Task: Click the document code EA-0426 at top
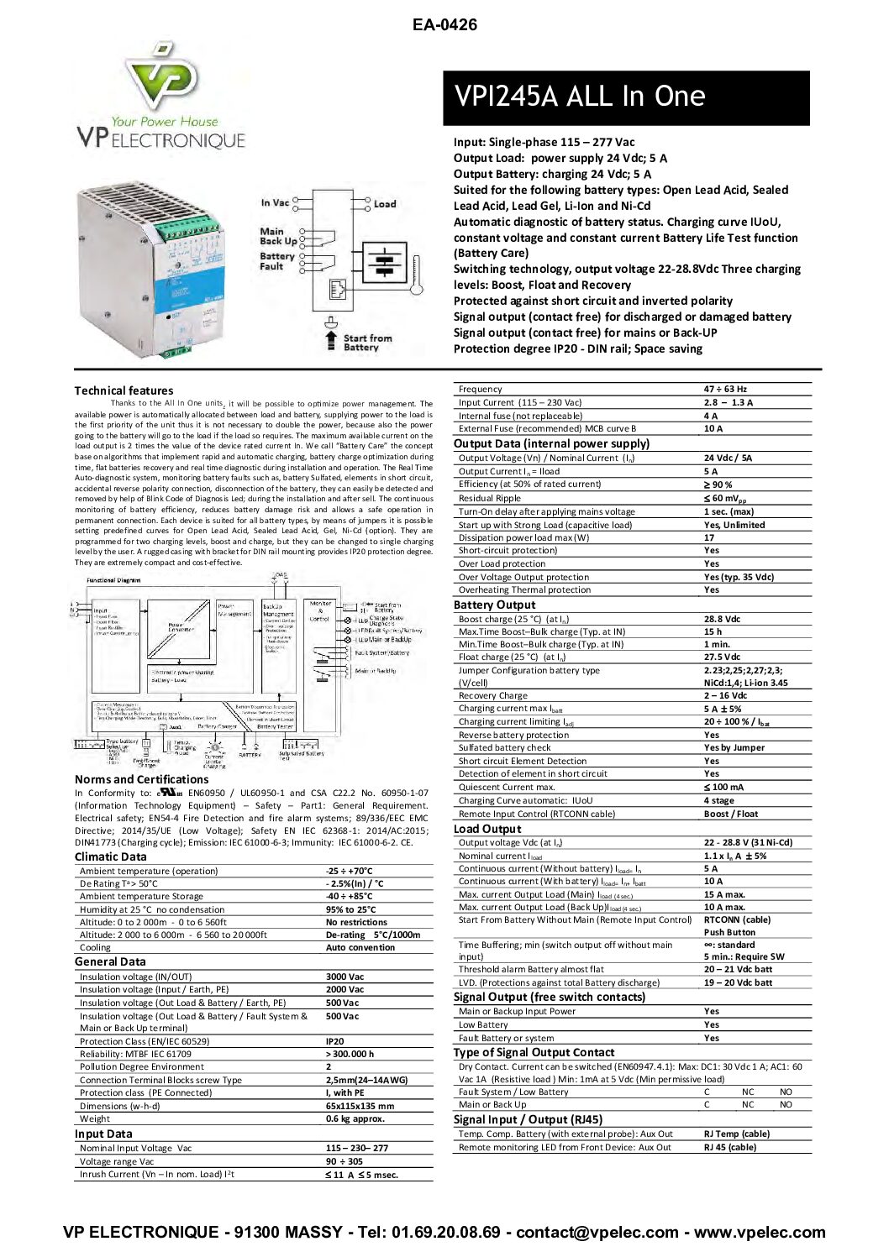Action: tap(444, 25)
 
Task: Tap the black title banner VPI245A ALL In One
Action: tap(626, 97)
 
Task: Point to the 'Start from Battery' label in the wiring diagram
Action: tap(367, 343)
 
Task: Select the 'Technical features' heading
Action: tap(124, 390)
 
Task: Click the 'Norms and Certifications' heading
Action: tap(141, 779)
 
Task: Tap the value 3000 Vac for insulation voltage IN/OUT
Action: tap(345, 977)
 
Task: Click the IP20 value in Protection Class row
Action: tap(334, 1041)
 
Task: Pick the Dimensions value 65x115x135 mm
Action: tap(360, 1106)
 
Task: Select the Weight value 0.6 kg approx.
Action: tap(355, 1118)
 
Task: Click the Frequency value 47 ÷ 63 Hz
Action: tap(725, 390)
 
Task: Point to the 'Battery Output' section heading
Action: tap(494, 605)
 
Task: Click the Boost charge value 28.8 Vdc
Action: tap(722, 619)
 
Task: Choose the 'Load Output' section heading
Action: tap(487, 829)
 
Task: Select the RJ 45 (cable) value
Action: tap(729, 1147)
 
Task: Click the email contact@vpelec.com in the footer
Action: tap(597, 1232)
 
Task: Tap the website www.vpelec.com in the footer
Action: tap(760, 1232)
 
